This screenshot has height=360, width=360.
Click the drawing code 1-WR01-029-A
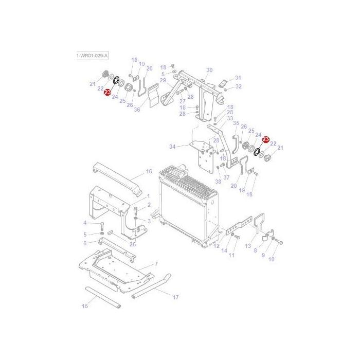tap(93, 54)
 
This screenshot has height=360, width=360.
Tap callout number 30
tap(209, 70)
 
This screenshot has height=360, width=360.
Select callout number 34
tap(173, 147)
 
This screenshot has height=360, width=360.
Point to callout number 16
tap(149, 171)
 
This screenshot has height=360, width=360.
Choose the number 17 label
tap(175, 297)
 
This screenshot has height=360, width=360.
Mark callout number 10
tap(272, 259)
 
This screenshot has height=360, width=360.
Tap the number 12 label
tap(217, 247)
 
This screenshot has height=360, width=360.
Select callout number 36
tap(137, 109)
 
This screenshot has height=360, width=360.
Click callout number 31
tap(238, 78)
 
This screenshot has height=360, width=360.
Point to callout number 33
tap(230, 118)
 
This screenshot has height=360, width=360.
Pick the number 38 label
tap(218, 182)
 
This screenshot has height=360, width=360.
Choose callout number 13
tap(248, 246)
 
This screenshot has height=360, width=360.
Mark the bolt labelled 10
tap(280, 242)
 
